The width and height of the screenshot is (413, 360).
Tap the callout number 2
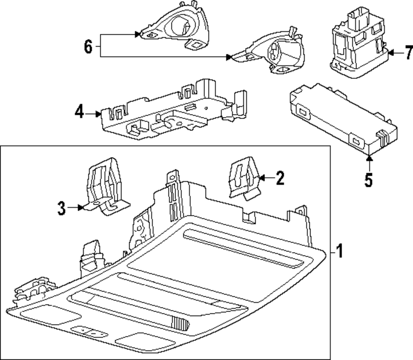(x=280, y=178)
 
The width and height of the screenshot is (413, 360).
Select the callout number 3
(x=62, y=208)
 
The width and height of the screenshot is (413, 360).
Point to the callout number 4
(x=79, y=112)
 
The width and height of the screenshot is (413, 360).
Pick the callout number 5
(x=369, y=180)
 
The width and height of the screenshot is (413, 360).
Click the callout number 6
(x=88, y=47)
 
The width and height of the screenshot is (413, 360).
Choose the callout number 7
(x=408, y=52)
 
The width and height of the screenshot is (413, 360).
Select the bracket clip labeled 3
(x=107, y=186)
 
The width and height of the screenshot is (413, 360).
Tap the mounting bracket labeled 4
(x=174, y=110)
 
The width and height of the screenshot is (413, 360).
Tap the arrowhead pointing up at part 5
(x=369, y=158)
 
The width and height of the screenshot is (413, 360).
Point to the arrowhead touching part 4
(x=98, y=114)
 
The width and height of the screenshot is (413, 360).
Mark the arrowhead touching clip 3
(x=81, y=207)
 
